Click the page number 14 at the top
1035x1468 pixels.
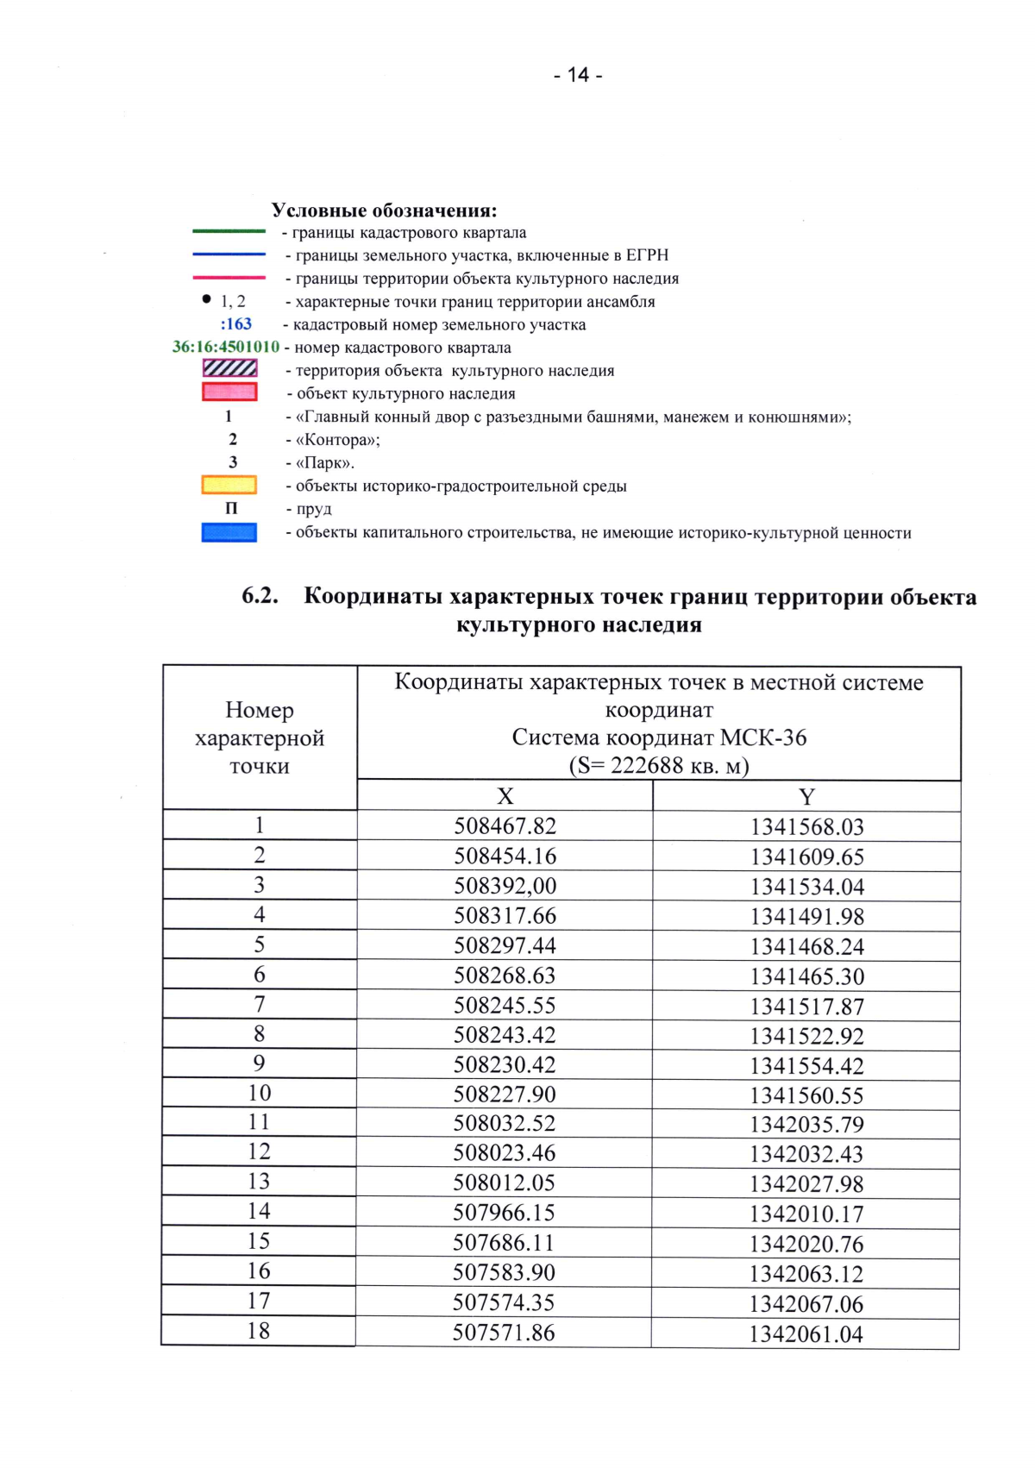[578, 75]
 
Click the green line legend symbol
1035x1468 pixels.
[229, 231]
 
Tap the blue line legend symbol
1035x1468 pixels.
[229, 254]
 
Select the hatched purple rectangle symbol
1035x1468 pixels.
[229, 368]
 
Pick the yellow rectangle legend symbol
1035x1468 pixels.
[229, 485]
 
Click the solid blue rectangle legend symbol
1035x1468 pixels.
[229, 532]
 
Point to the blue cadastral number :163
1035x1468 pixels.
[235, 324]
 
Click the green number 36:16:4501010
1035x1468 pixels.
[226, 347]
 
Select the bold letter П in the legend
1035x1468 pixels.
[231, 509]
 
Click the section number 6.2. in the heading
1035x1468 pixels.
[260, 596]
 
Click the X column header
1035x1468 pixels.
[505, 796]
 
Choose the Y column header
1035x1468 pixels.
[806, 797]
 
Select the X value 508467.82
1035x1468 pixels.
[505, 826]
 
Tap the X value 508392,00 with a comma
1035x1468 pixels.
[505, 886]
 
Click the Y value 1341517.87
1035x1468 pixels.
[806, 1007]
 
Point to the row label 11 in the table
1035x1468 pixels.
[259, 1122]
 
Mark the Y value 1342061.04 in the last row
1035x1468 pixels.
[806, 1334]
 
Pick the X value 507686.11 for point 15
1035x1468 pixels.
[504, 1243]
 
